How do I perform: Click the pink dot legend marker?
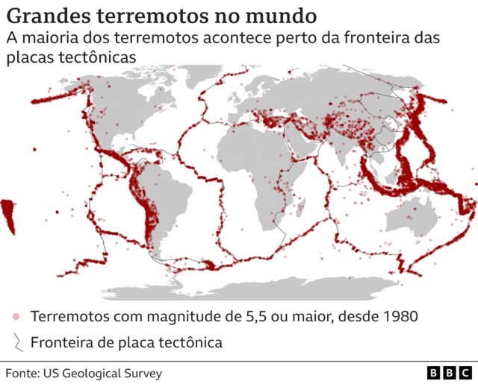(16, 317)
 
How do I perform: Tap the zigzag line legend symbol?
(16, 343)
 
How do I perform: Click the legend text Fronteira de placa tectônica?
(126, 343)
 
